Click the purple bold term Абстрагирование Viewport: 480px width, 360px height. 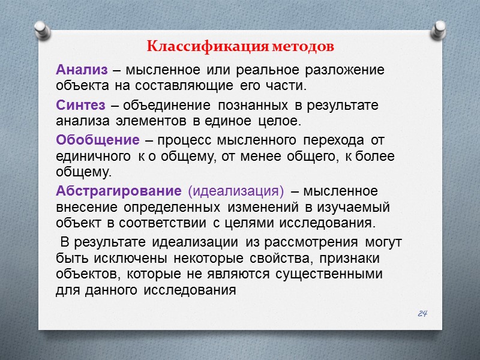[118, 191]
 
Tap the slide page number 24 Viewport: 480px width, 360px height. [422, 313]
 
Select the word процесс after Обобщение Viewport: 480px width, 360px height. [183, 140]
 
